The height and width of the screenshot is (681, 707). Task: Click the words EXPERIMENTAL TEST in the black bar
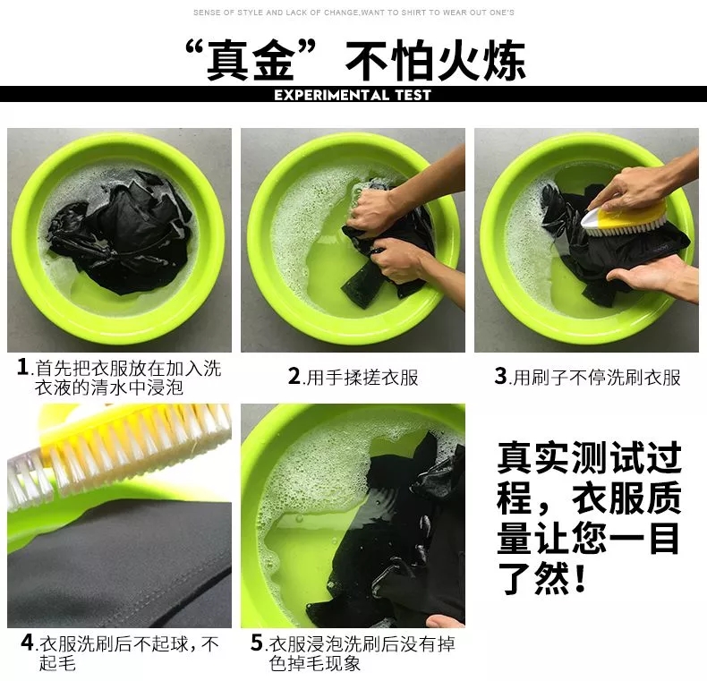(x=353, y=95)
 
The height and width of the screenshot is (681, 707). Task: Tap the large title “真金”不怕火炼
(x=355, y=60)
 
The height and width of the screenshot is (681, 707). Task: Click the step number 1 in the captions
(x=23, y=367)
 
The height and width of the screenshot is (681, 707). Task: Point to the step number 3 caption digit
(x=500, y=376)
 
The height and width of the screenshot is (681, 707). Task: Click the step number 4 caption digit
(x=27, y=643)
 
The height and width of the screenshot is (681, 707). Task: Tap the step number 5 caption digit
(x=257, y=643)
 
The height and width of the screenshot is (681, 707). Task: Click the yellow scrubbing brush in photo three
(x=623, y=217)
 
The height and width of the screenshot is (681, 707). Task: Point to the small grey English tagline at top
(x=353, y=13)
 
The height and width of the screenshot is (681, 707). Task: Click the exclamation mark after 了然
(x=580, y=578)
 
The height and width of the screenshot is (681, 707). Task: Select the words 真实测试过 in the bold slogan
(x=589, y=458)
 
